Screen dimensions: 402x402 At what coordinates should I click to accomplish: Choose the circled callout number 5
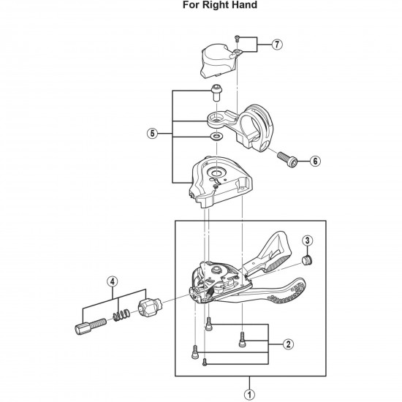[152, 134]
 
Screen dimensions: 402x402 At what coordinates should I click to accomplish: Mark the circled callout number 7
[276, 45]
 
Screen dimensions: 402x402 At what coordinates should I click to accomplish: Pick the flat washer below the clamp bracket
[217, 137]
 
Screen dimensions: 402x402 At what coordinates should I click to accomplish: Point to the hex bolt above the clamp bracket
[216, 93]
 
